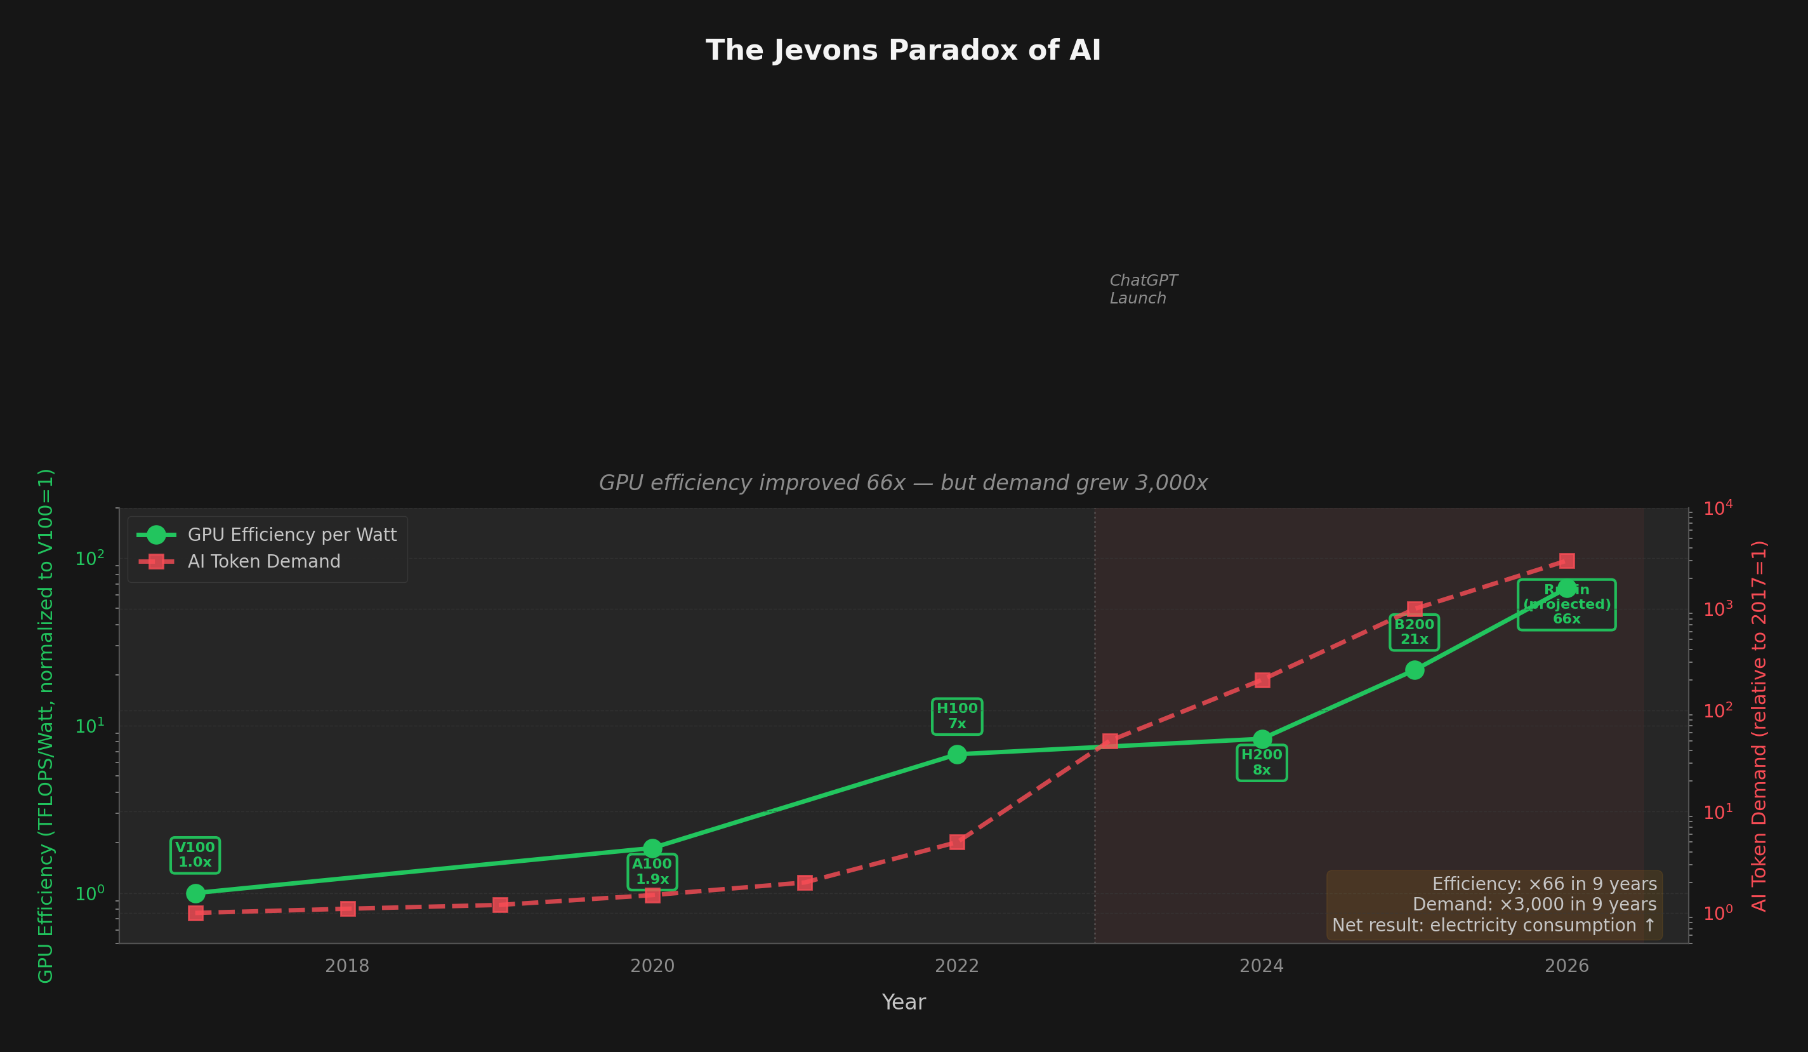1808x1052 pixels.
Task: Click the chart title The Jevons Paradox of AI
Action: (x=903, y=51)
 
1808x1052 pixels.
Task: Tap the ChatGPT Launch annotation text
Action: (x=1143, y=290)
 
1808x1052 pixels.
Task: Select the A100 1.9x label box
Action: (x=652, y=872)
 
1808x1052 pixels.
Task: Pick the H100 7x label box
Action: (x=957, y=716)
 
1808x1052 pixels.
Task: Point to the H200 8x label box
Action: (x=1262, y=762)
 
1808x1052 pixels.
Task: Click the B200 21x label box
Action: (x=1413, y=632)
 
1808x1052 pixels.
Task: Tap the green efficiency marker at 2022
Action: (x=957, y=754)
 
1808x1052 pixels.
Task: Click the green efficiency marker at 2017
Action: (x=195, y=893)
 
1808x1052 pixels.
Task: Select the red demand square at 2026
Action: (x=1567, y=561)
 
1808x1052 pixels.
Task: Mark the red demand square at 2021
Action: (x=805, y=882)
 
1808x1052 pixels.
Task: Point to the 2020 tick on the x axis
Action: (x=652, y=966)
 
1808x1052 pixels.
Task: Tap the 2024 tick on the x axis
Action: (x=1262, y=966)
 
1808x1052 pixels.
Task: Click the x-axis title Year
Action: (x=903, y=1002)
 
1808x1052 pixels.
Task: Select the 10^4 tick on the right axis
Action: (x=1718, y=509)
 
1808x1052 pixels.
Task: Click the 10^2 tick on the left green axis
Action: (x=89, y=559)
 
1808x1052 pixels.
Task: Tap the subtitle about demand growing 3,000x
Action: (x=903, y=483)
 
